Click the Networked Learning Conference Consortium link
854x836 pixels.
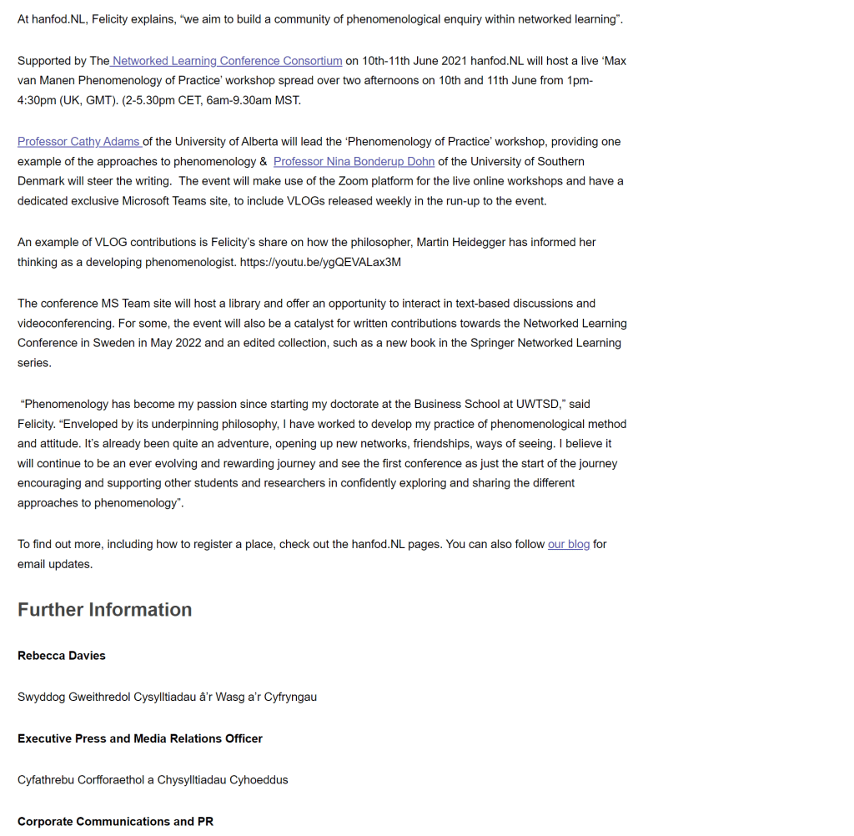tap(227, 61)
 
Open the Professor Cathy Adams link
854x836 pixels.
tap(79, 142)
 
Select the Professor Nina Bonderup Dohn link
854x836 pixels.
tap(354, 162)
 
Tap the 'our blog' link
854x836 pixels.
tap(569, 545)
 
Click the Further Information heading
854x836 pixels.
tap(104, 610)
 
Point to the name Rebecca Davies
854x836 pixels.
tap(62, 656)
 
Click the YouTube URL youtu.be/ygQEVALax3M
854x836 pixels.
tap(320, 262)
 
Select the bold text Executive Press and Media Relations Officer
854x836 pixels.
tap(140, 739)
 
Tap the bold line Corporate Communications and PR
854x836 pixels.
tap(115, 822)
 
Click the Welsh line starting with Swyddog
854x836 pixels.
tap(167, 698)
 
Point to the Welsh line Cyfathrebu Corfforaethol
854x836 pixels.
tap(153, 780)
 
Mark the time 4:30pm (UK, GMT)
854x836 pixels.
tap(68, 101)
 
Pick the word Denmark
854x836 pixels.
tap(43, 182)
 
